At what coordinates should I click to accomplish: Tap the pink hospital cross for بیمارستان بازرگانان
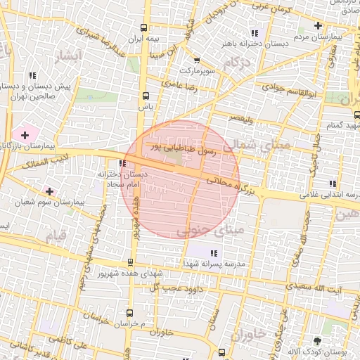[x=26, y=134]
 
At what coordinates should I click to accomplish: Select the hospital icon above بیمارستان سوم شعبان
[x=49, y=191]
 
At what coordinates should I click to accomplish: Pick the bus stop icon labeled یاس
[x=146, y=96]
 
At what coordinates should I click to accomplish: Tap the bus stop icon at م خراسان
[x=130, y=311]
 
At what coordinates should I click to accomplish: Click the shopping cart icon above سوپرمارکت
[x=196, y=60]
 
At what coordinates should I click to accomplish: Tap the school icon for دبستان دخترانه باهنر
[x=255, y=33]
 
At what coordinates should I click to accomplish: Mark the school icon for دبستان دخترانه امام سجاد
[x=123, y=163]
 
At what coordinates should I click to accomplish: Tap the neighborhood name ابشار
[x=69, y=55]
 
